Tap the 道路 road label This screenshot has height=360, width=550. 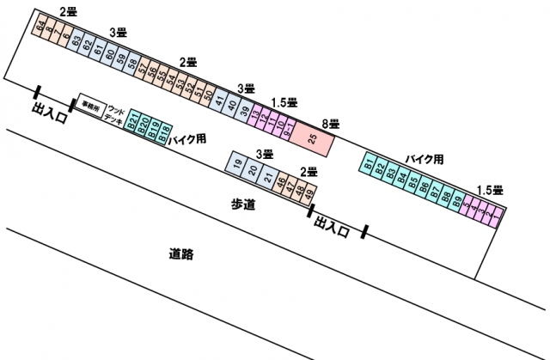180,254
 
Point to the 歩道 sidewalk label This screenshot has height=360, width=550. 244,204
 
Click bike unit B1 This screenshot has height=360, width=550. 369,163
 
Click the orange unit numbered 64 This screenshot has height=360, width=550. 40,27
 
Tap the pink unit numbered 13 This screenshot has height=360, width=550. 255,116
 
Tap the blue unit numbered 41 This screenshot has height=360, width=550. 220,101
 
